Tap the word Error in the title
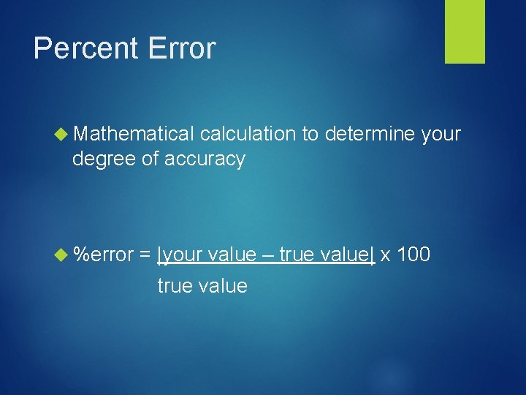pyautogui.click(x=181, y=49)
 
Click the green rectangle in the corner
pyautogui.click(x=465, y=31)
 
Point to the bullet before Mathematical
pyautogui.click(x=62, y=134)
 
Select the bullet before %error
pyautogui.click(x=62, y=255)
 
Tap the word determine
pyautogui.click(x=370, y=134)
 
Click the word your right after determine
pyautogui.click(x=441, y=134)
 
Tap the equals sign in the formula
pyautogui.click(x=145, y=255)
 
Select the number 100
pyautogui.click(x=413, y=255)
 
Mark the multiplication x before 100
pyautogui.click(x=385, y=255)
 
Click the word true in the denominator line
pyautogui.click(x=173, y=285)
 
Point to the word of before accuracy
pyautogui.click(x=151, y=159)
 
